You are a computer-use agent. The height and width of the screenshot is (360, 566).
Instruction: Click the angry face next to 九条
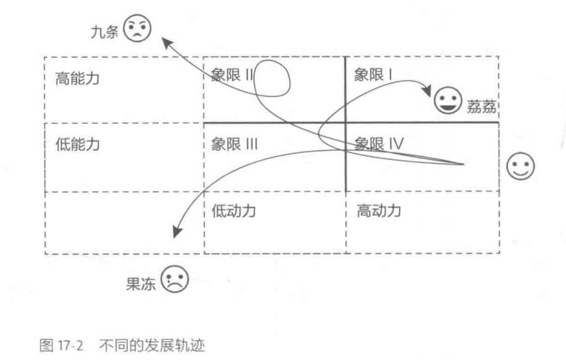tap(137, 28)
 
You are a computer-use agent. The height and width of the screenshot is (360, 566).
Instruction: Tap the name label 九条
tap(104, 32)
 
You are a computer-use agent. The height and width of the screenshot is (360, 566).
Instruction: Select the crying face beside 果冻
tap(175, 279)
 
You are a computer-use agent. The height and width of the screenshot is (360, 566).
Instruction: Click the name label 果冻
tap(140, 284)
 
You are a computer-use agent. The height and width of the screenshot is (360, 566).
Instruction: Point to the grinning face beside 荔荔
tap(448, 100)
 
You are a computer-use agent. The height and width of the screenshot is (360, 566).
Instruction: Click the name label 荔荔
tap(482, 107)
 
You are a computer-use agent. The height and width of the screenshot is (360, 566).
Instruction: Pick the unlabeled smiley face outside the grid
tap(520, 166)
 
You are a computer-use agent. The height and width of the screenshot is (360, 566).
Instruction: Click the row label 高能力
tap(77, 78)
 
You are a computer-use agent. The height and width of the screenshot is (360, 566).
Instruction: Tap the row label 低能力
tap(77, 144)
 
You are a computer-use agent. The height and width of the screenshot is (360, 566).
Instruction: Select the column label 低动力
tap(233, 211)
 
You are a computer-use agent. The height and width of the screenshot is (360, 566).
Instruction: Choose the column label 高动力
tap(379, 210)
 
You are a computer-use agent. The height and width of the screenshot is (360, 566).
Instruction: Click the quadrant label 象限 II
tap(232, 75)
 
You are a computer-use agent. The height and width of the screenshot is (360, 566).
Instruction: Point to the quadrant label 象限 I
tap(373, 75)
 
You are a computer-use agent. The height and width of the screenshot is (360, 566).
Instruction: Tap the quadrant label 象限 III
tap(235, 144)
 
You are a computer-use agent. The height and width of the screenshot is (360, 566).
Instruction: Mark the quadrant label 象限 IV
tap(379, 144)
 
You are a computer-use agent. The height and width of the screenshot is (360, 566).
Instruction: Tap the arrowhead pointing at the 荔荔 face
tap(427, 90)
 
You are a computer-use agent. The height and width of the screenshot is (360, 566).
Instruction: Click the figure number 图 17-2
tap(61, 346)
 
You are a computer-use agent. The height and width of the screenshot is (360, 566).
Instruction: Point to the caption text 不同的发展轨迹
tap(152, 346)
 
